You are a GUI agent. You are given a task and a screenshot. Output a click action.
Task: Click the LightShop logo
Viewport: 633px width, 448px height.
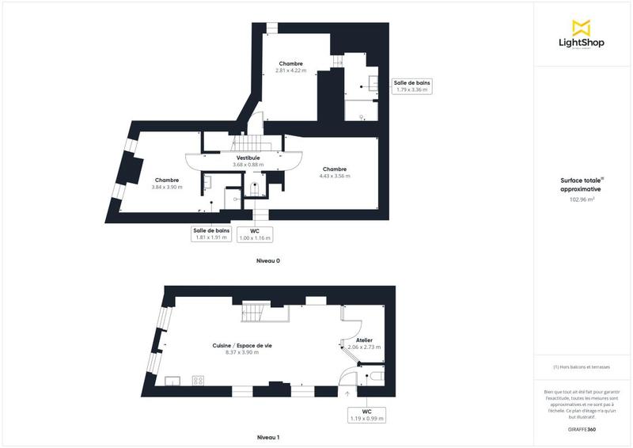(582, 35)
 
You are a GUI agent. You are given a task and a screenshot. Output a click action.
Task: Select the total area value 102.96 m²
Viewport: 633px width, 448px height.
(582, 199)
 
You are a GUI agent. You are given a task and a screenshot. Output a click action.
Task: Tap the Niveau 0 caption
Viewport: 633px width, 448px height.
(268, 260)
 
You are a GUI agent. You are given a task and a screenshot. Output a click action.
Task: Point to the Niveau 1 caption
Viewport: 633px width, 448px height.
(268, 437)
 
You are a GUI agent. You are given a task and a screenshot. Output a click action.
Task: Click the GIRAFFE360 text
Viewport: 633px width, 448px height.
(582, 427)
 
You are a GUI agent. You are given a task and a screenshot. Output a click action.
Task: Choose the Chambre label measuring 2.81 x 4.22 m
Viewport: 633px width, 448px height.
(290, 66)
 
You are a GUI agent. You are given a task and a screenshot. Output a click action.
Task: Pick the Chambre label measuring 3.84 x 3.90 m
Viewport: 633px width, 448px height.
(167, 183)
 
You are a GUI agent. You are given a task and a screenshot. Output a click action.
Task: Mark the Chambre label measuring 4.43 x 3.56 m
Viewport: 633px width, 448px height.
(334, 172)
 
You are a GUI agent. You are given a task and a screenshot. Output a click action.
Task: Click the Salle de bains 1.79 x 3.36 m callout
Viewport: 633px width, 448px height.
(411, 86)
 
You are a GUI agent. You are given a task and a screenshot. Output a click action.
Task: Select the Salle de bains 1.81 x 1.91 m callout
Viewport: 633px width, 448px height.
(212, 233)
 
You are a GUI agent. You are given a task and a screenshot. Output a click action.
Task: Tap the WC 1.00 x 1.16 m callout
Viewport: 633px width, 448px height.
(256, 233)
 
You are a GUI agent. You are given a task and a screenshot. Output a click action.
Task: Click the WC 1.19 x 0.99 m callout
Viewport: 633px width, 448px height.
(366, 414)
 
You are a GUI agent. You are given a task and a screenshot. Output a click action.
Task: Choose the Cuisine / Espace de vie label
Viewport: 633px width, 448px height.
(241, 348)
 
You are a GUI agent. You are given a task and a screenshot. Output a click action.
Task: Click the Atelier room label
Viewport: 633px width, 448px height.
(364, 343)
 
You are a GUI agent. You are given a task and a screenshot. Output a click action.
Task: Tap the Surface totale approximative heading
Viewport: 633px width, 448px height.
(582, 185)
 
